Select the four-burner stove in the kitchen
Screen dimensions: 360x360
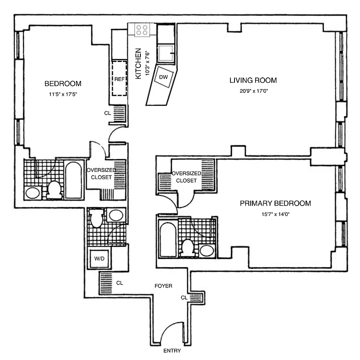point(143,30)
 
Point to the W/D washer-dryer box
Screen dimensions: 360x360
point(99,259)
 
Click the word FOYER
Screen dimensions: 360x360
point(163,286)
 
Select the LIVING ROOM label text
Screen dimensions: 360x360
point(253,81)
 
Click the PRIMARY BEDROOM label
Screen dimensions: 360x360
point(275,203)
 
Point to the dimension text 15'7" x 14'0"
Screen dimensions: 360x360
point(275,214)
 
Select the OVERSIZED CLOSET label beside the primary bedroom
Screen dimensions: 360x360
point(186,177)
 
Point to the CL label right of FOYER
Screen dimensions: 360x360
point(184,297)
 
